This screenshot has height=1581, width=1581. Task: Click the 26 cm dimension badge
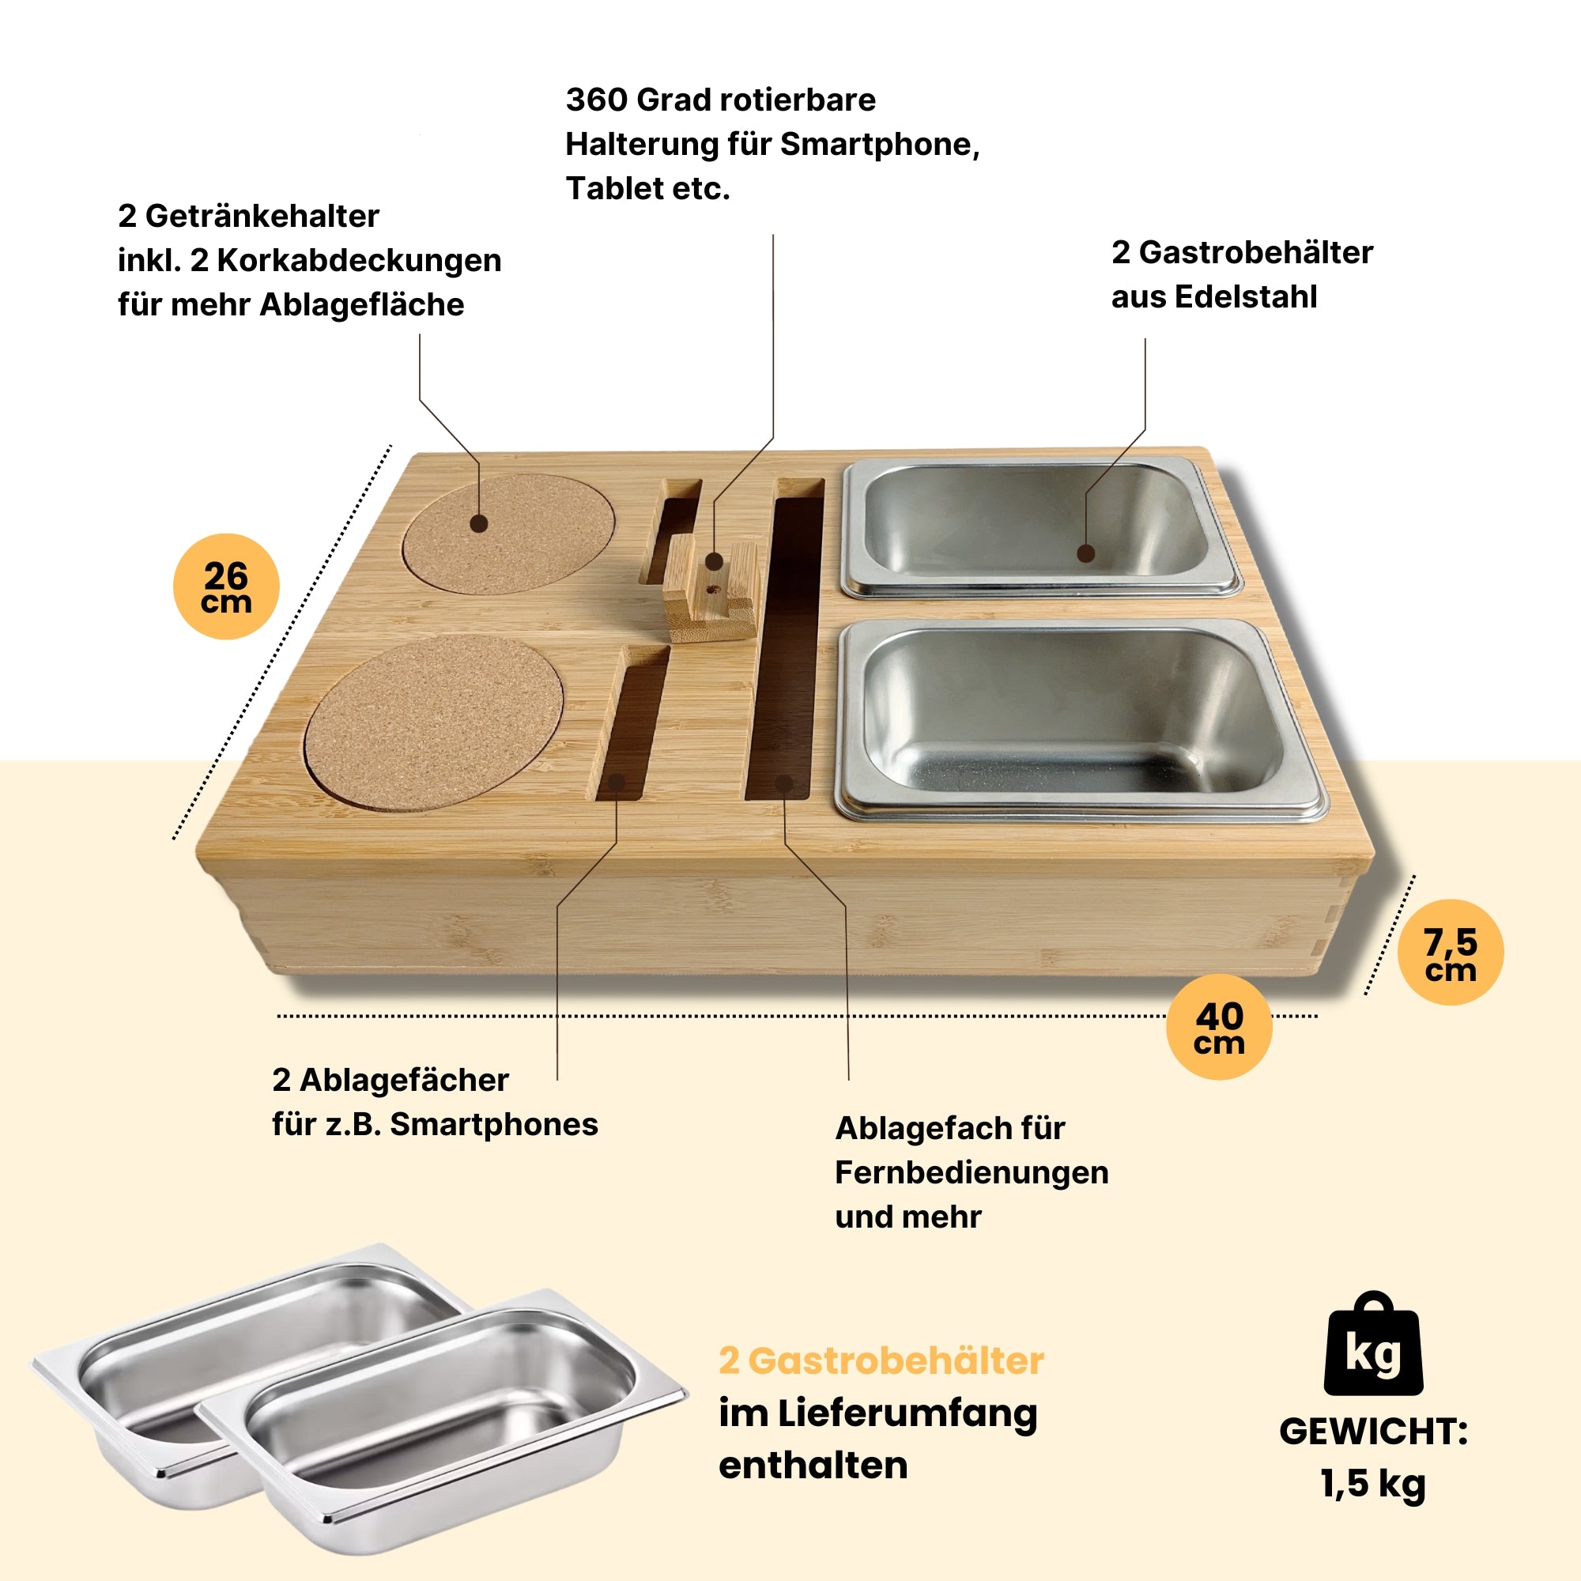[226, 587]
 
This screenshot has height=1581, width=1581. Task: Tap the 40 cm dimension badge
[1218, 1027]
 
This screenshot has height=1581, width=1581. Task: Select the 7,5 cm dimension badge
[1450, 953]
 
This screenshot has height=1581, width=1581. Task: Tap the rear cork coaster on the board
[509, 534]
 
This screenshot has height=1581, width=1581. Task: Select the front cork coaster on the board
[434, 723]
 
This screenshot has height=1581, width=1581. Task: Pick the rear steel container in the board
[1040, 528]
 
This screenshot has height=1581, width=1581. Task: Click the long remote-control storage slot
[784, 647]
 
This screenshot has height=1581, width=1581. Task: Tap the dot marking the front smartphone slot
[617, 783]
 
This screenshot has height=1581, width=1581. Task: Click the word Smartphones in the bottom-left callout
[493, 1124]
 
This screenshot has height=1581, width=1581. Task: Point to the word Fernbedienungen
[972, 1172]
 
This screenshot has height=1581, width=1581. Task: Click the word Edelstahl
[1246, 297]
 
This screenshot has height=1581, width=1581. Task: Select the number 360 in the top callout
[596, 100]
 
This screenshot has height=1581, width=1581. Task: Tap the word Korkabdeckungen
[358, 260]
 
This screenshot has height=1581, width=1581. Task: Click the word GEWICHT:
[1373, 1432]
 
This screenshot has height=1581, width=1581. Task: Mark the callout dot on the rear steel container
[1086, 554]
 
